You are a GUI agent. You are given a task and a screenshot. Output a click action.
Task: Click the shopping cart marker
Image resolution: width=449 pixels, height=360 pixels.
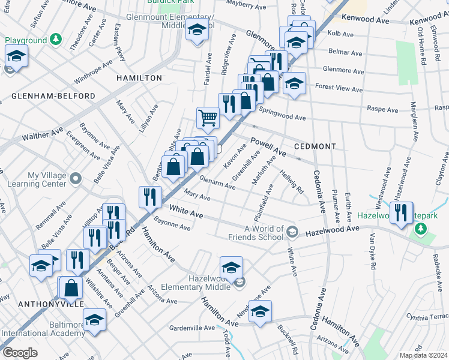coord(208,117)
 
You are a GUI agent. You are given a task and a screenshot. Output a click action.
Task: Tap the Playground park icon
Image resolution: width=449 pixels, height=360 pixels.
coord(55,40)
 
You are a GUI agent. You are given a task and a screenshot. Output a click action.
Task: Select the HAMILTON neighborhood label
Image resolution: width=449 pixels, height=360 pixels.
coord(139,78)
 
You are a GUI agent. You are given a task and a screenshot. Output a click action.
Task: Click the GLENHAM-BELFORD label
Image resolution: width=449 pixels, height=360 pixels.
coord(53,96)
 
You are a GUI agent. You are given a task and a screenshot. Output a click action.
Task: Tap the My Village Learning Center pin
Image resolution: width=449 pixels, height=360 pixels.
coord(76,178)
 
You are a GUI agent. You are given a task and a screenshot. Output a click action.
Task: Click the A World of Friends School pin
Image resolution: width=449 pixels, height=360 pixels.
coord(292,232)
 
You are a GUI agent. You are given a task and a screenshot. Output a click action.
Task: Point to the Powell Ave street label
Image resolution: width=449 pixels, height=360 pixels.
coord(267,148)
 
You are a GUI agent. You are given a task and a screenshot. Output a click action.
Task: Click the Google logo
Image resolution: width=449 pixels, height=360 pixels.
coord(20,353)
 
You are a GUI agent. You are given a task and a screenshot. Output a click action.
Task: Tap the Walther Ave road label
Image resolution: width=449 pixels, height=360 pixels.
coord(43,133)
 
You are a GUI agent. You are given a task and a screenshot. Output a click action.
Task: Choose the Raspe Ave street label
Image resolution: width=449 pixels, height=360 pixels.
coord(383,110)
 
